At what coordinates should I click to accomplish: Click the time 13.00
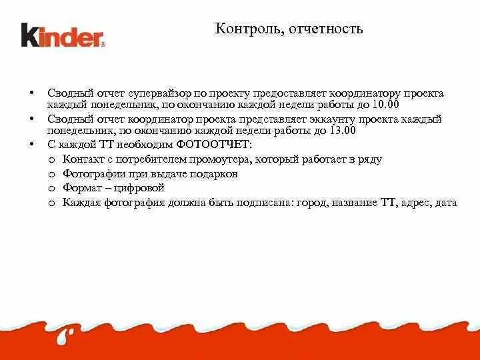tap(341, 131)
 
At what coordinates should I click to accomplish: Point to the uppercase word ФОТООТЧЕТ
tap(214, 144)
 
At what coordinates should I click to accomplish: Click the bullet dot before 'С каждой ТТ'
tap(31, 144)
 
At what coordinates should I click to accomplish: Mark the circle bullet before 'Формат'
tap(53, 188)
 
